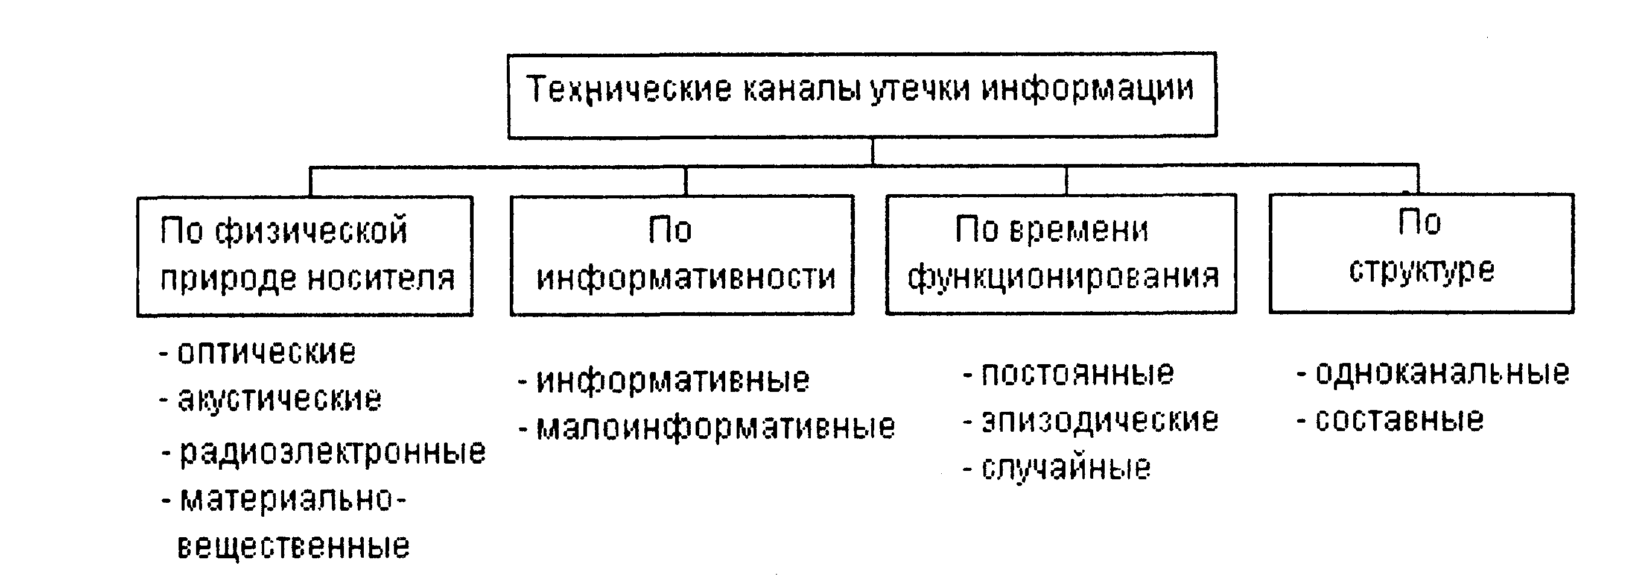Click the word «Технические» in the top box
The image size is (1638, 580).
pos(629,90)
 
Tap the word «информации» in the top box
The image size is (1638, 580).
pos(1087,90)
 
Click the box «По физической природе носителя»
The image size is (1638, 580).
pos(305,256)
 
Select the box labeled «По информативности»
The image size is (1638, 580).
pos(682,255)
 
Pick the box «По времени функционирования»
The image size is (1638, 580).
pos(1061,253)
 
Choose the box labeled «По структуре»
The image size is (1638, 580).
pos(1422,253)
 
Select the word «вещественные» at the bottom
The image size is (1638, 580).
pos(293,546)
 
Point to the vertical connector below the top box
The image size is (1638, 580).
pos(872,152)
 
